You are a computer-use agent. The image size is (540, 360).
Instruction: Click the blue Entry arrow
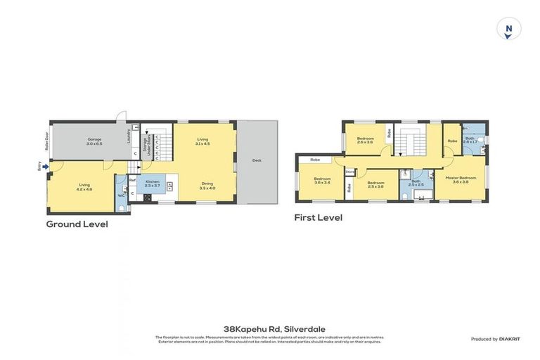pos(46,167)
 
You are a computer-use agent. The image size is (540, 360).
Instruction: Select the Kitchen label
pos(152,183)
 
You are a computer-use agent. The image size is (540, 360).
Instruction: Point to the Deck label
pos(257,160)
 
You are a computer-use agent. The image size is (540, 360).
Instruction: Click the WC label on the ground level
pos(121,195)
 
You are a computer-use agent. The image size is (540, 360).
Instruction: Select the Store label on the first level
pos(349,171)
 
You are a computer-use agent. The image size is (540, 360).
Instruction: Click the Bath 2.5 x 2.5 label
pos(416,183)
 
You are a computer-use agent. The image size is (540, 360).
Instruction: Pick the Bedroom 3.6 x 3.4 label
pos(322,181)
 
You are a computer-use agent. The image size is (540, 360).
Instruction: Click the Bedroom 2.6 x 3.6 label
pos(365,140)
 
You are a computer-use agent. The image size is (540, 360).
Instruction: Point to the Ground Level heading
pos(77,224)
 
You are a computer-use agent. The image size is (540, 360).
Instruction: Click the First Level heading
pos(318,218)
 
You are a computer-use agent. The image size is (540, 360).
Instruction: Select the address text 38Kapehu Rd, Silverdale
pos(269,328)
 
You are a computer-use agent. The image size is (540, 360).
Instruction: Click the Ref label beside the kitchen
pos(131,181)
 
